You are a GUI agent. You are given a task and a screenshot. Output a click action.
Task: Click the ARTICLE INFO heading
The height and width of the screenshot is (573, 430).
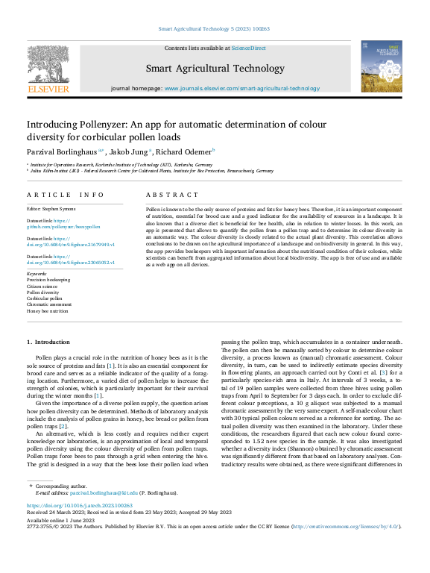[66, 194]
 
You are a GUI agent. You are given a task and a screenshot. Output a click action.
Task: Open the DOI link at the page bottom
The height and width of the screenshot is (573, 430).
[75, 505]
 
